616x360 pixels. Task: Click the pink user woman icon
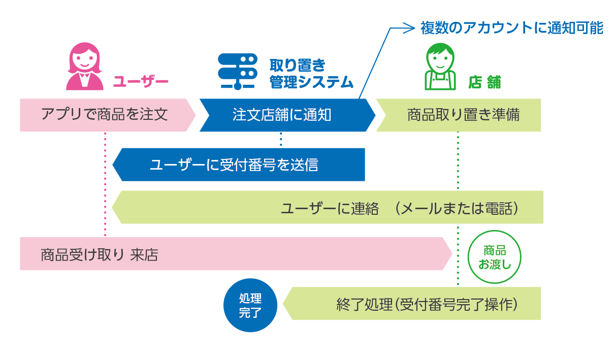[85, 67]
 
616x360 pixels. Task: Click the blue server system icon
[238, 72]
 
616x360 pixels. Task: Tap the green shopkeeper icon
[440, 67]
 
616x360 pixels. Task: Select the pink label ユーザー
[141, 82]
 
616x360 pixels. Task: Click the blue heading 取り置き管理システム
[311, 74]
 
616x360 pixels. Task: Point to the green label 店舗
[484, 82]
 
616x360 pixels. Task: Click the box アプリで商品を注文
[108, 115]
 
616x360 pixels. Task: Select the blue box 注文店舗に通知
[287, 115]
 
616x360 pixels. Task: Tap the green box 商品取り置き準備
[459, 115]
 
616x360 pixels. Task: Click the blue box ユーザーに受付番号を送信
[239, 165]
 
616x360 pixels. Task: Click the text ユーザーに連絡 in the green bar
[330, 209]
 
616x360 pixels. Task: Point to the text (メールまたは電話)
[457, 209]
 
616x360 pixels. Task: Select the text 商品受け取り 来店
[99, 255]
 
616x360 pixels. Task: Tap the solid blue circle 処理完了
[250, 305]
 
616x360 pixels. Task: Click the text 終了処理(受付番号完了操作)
[427, 305]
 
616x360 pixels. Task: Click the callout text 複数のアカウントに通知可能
[512, 28]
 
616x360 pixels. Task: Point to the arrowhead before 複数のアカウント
[410, 28]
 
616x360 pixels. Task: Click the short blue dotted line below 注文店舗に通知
[281, 140]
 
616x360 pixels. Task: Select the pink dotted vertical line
[105, 184]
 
